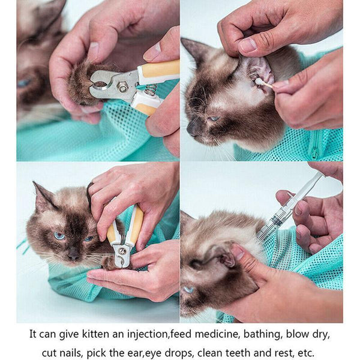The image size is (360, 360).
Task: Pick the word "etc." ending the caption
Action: coord(304,353)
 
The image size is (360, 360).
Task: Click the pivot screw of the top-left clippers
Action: coord(122,88)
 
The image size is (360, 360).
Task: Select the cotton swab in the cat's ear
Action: coord(264,83)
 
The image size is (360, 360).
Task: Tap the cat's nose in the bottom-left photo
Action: coord(73,256)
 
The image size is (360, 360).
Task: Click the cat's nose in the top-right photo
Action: coord(192,127)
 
